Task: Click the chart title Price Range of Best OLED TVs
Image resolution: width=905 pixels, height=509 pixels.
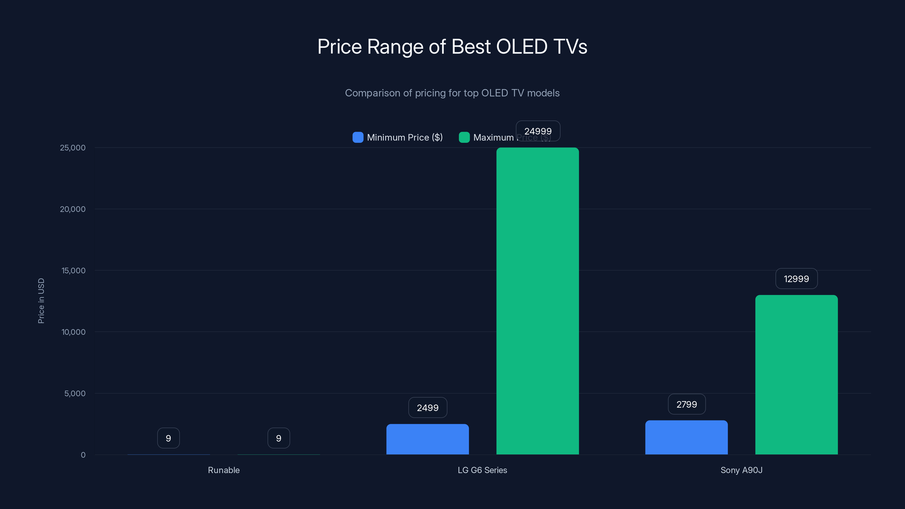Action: [452, 47]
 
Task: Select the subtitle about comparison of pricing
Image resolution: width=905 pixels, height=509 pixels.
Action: [452, 93]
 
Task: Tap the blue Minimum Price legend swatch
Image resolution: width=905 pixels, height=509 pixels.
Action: [358, 137]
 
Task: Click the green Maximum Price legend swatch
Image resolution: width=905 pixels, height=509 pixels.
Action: [464, 137]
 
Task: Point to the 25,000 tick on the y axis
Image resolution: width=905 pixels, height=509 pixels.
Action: [72, 148]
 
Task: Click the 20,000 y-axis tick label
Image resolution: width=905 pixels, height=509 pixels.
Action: [72, 209]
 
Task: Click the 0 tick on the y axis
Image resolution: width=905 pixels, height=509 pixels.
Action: [83, 455]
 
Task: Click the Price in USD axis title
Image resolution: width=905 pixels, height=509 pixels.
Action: [41, 301]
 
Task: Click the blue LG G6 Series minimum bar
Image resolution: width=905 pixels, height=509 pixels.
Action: [428, 439]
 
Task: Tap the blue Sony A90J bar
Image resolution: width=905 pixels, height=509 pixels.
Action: [686, 437]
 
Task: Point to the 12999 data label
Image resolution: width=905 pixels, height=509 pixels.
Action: [796, 279]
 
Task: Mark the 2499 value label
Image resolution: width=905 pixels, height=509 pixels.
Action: [428, 408]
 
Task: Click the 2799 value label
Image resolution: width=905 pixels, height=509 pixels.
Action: [686, 404]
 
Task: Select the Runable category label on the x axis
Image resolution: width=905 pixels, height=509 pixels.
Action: [224, 470]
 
